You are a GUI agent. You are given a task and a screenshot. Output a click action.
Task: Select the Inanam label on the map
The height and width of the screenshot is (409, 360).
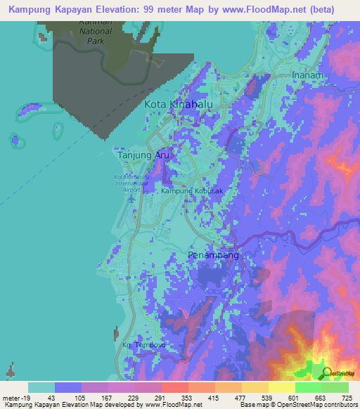pyautogui.click(x=307, y=75)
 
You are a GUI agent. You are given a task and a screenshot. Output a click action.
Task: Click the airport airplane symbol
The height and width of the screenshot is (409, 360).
pyautogui.click(x=130, y=199)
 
